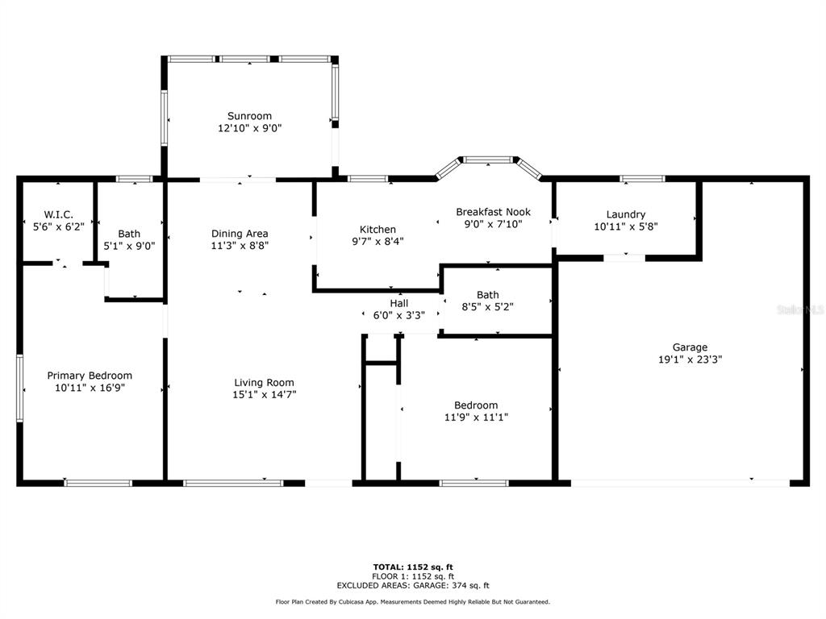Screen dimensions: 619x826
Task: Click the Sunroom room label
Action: pos(249,116)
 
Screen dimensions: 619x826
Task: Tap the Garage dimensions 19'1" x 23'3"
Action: pos(690,360)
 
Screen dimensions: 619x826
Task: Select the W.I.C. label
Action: pos(59,214)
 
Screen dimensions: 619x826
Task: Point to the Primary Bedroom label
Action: pos(90,376)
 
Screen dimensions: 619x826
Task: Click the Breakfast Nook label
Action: pos(493,212)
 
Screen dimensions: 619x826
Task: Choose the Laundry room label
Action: pos(626,214)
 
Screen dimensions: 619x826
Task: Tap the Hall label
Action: pos(398,303)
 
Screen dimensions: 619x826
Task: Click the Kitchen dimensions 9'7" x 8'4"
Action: pos(378,241)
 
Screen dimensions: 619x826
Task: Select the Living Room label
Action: pos(264,383)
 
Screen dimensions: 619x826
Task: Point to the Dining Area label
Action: pos(240,234)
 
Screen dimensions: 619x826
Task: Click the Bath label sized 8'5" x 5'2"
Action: pos(487,295)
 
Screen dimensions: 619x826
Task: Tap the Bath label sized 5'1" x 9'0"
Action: pos(129,234)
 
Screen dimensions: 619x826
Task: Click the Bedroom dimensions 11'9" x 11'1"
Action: pos(476,418)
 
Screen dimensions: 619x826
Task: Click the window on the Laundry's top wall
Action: pos(642,178)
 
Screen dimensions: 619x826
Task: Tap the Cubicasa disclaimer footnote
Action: pos(412,602)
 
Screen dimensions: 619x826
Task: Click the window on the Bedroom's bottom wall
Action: pos(473,483)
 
